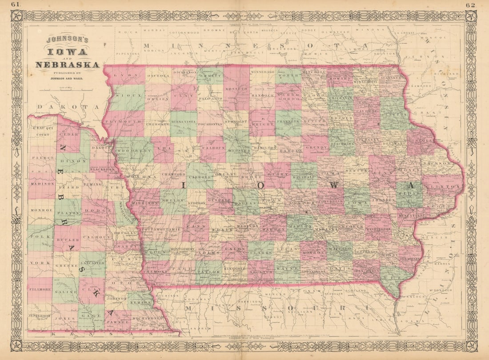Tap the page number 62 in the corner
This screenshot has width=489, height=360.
(x=471, y=5)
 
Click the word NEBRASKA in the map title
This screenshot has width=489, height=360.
(x=67, y=65)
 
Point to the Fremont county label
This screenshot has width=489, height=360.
(x=153, y=271)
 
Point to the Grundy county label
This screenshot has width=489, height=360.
(x=316, y=147)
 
